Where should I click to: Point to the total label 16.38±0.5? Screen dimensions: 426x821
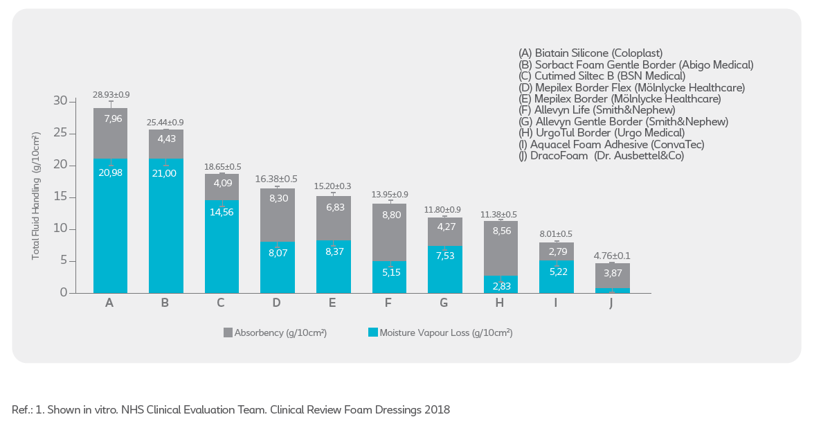click(277, 178)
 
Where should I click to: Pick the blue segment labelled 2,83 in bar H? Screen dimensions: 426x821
click(500, 285)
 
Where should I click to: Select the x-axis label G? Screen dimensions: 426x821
click(444, 303)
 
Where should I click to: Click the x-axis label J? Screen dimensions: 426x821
click(611, 303)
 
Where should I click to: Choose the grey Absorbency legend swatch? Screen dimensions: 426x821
click(228, 333)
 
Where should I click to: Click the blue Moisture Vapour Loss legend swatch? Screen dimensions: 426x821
click(372, 333)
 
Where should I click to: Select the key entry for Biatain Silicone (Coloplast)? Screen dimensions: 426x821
click(590, 53)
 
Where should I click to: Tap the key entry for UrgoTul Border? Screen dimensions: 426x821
click(602, 133)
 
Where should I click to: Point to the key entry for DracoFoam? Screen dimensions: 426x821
click(601, 156)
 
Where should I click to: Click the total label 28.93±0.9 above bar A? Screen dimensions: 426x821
click(111, 94)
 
